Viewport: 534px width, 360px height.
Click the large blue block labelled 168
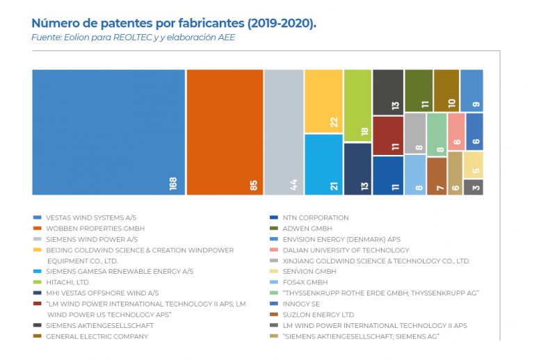[x=108, y=132]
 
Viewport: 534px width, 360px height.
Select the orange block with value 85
[x=225, y=132]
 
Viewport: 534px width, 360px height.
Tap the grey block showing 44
[x=284, y=132]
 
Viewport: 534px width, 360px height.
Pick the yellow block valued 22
[x=323, y=101]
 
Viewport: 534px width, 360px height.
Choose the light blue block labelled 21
[x=323, y=164]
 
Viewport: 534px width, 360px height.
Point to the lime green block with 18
[x=357, y=106]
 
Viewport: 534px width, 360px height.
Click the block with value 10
[x=446, y=90]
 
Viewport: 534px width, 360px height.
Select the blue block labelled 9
[x=471, y=90]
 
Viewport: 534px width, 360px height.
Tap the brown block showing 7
[x=436, y=176]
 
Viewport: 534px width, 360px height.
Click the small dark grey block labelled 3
[x=473, y=187]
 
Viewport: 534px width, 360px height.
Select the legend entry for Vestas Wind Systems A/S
[x=91, y=218]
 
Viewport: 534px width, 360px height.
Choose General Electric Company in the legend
[x=97, y=336]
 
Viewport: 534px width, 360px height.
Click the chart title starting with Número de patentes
[x=174, y=24]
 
